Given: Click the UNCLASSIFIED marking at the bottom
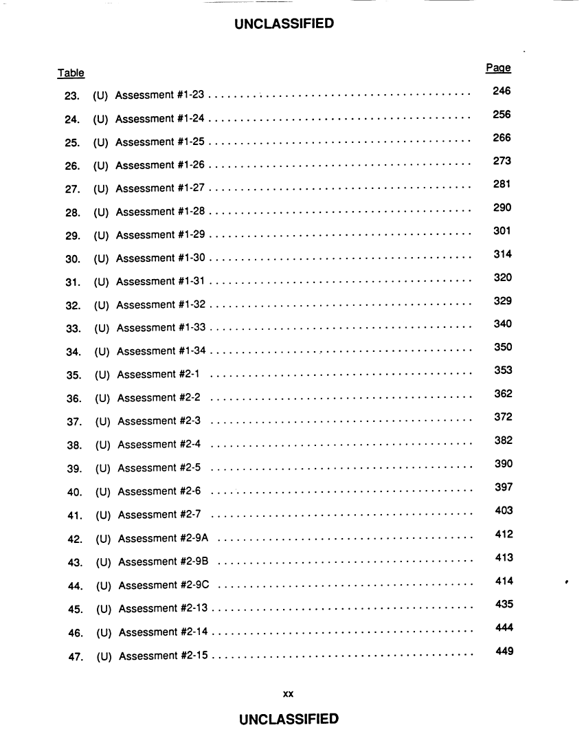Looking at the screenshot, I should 289,720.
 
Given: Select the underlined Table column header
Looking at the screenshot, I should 71,73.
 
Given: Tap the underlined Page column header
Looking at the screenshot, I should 498,68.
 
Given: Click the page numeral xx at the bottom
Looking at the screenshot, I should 289,694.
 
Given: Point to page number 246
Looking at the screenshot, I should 502,91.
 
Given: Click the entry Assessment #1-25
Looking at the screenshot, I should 160,142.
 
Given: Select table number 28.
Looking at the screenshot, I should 74,212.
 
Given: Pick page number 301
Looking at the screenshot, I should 502,231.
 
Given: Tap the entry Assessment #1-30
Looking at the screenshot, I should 161,258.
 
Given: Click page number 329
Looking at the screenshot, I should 503,301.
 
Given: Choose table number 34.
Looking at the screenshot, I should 74,353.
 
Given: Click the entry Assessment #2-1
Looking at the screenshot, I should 158,375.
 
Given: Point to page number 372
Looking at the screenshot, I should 504,417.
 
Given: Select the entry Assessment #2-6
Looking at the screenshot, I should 159,491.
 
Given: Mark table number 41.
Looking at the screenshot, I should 76,515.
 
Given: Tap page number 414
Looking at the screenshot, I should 504,581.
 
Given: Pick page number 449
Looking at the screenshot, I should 504,651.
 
